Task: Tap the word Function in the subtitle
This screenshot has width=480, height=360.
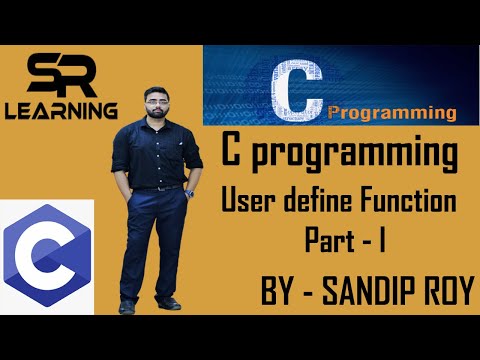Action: (413, 203)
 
